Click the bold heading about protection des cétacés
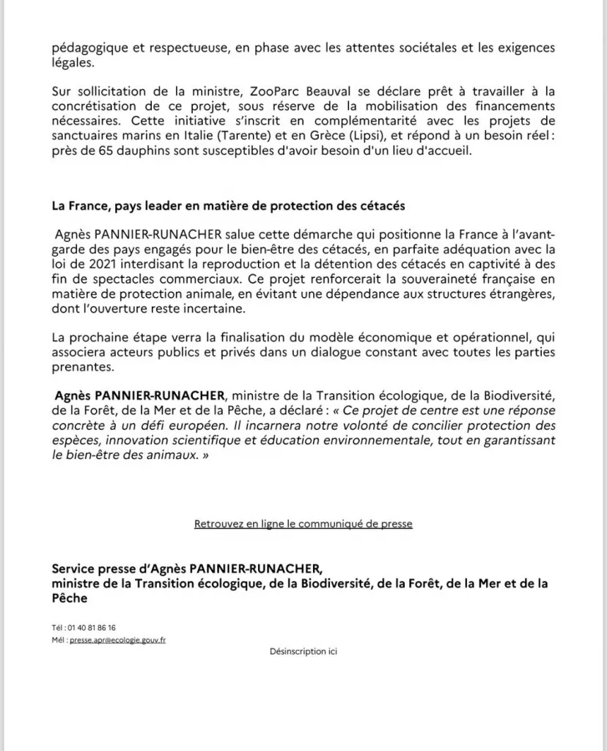228,206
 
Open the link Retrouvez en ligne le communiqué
303,524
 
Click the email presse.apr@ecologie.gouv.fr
117,640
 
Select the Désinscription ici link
303,651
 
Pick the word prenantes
80,369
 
